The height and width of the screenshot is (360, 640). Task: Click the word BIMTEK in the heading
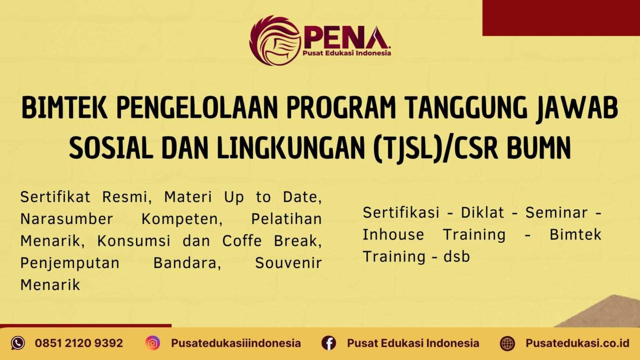pyautogui.click(x=64, y=109)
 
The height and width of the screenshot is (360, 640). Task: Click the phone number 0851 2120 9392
pyautogui.click(x=79, y=343)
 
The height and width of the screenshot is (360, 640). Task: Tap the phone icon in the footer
pyautogui.click(x=18, y=343)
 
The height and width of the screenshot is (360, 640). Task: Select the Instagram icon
pyautogui.click(x=153, y=343)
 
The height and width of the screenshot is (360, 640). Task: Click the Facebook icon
pyautogui.click(x=328, y=343)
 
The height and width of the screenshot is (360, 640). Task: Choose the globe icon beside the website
pyautogui.click(x=507, y=343)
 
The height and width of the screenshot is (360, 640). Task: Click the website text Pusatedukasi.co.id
pyautogui.click(x=577, y=343)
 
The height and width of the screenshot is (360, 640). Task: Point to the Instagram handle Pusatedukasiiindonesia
pyautogui.click(x=236, y=343)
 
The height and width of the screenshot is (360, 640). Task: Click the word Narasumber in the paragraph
pyautogui.click(x=66, y=219)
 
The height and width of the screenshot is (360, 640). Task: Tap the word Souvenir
pyautogui.click(x=288, y=263)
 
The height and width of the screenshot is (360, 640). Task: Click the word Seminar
pyautogui.click(x=556, y=213)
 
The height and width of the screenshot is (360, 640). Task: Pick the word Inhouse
pyautogui.click(x=393, y=234)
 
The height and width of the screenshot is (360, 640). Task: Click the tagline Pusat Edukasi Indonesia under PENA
pyautogui.click(x=347, y=53)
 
